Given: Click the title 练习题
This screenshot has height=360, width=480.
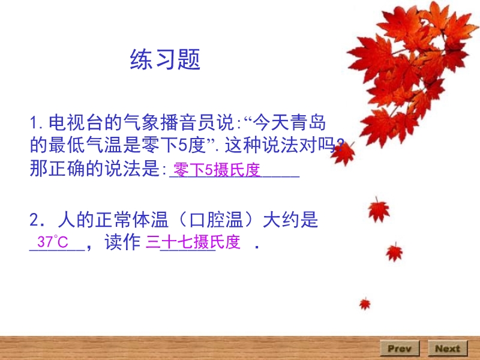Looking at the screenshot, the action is [x=165, y=59].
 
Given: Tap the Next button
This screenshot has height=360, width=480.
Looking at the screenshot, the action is [x=448, y=349].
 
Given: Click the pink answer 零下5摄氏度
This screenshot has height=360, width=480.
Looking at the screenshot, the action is [x=217, y=170].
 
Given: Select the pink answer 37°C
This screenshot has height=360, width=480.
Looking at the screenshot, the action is [x=52, y=242].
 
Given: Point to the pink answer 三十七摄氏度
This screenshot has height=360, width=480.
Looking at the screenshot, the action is [x=193, y=242].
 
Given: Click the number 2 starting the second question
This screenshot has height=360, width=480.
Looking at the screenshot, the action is [x=34, y=220].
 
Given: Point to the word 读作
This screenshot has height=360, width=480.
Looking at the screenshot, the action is [x=122, y=242].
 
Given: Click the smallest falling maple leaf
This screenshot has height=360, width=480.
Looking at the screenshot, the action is [x=365, y=304].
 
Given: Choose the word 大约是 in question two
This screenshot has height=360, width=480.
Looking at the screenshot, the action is [x=290, y=220].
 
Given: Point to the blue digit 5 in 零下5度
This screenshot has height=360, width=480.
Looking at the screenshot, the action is [x=183, y=145].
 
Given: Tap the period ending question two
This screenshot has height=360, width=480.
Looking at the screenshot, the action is [x=257, y=247].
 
